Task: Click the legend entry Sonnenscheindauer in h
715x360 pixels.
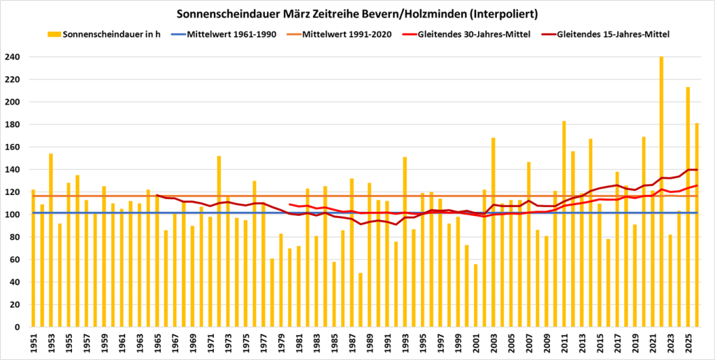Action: pos(105,34)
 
